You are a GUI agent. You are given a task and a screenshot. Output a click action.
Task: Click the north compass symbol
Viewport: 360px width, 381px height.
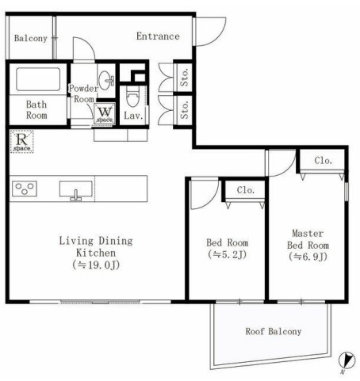pyautogui.click(x=347, y=360)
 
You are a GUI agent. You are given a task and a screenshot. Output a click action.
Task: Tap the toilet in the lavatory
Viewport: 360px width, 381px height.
pyautogui.click(x=132, y=97)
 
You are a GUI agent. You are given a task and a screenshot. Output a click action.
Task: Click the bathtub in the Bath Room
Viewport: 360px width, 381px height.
pyautogui.click(x=38, y=79)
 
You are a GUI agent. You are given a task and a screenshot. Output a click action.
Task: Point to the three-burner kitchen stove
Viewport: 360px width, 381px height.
pyautogui.click(x=25, y=189)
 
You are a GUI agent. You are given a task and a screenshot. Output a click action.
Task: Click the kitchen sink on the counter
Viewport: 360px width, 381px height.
pyautogui.click(x=76, y=190)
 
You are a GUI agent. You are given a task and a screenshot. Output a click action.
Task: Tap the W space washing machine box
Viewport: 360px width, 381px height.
pyautogui.click(x=105, y=113)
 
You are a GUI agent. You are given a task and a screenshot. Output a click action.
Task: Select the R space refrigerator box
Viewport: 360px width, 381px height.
pyautogui.click(x=21, y=142)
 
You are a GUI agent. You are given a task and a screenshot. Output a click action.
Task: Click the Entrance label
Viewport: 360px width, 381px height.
pyautogui.click(x=158, y=36)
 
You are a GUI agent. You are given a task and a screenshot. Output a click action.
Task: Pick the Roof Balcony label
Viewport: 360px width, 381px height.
pyautogui.click(x=274, y=331)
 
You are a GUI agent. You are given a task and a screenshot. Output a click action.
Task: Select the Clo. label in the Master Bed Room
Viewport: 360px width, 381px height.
pyautogui.click(x=323, y=160)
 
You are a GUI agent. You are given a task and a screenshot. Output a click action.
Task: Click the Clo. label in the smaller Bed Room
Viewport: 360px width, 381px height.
pyautogui.click(x=246, y=190)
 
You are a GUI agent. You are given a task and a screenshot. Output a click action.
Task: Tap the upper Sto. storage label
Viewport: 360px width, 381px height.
pyautogui.click(x=185, y=77)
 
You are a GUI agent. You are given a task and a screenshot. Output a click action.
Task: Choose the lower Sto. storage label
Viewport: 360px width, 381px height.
pyautogui.click(x=185, y=110)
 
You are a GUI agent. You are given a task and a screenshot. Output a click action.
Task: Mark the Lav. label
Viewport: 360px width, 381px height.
pyautogui.click(x=133, y=116)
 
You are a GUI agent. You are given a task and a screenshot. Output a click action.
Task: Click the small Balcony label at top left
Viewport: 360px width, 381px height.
pyautogui.click(x=31, y=39)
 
